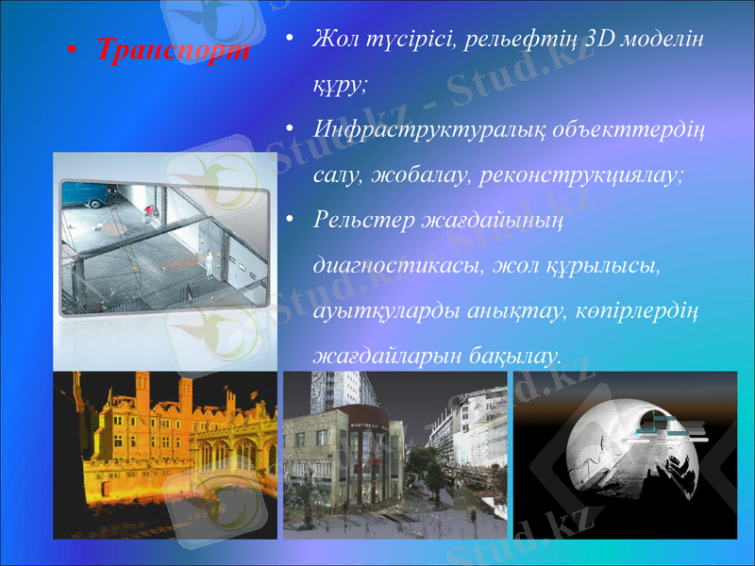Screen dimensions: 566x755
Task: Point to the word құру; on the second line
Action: (340, 85)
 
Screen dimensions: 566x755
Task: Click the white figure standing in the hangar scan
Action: (209, 264)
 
